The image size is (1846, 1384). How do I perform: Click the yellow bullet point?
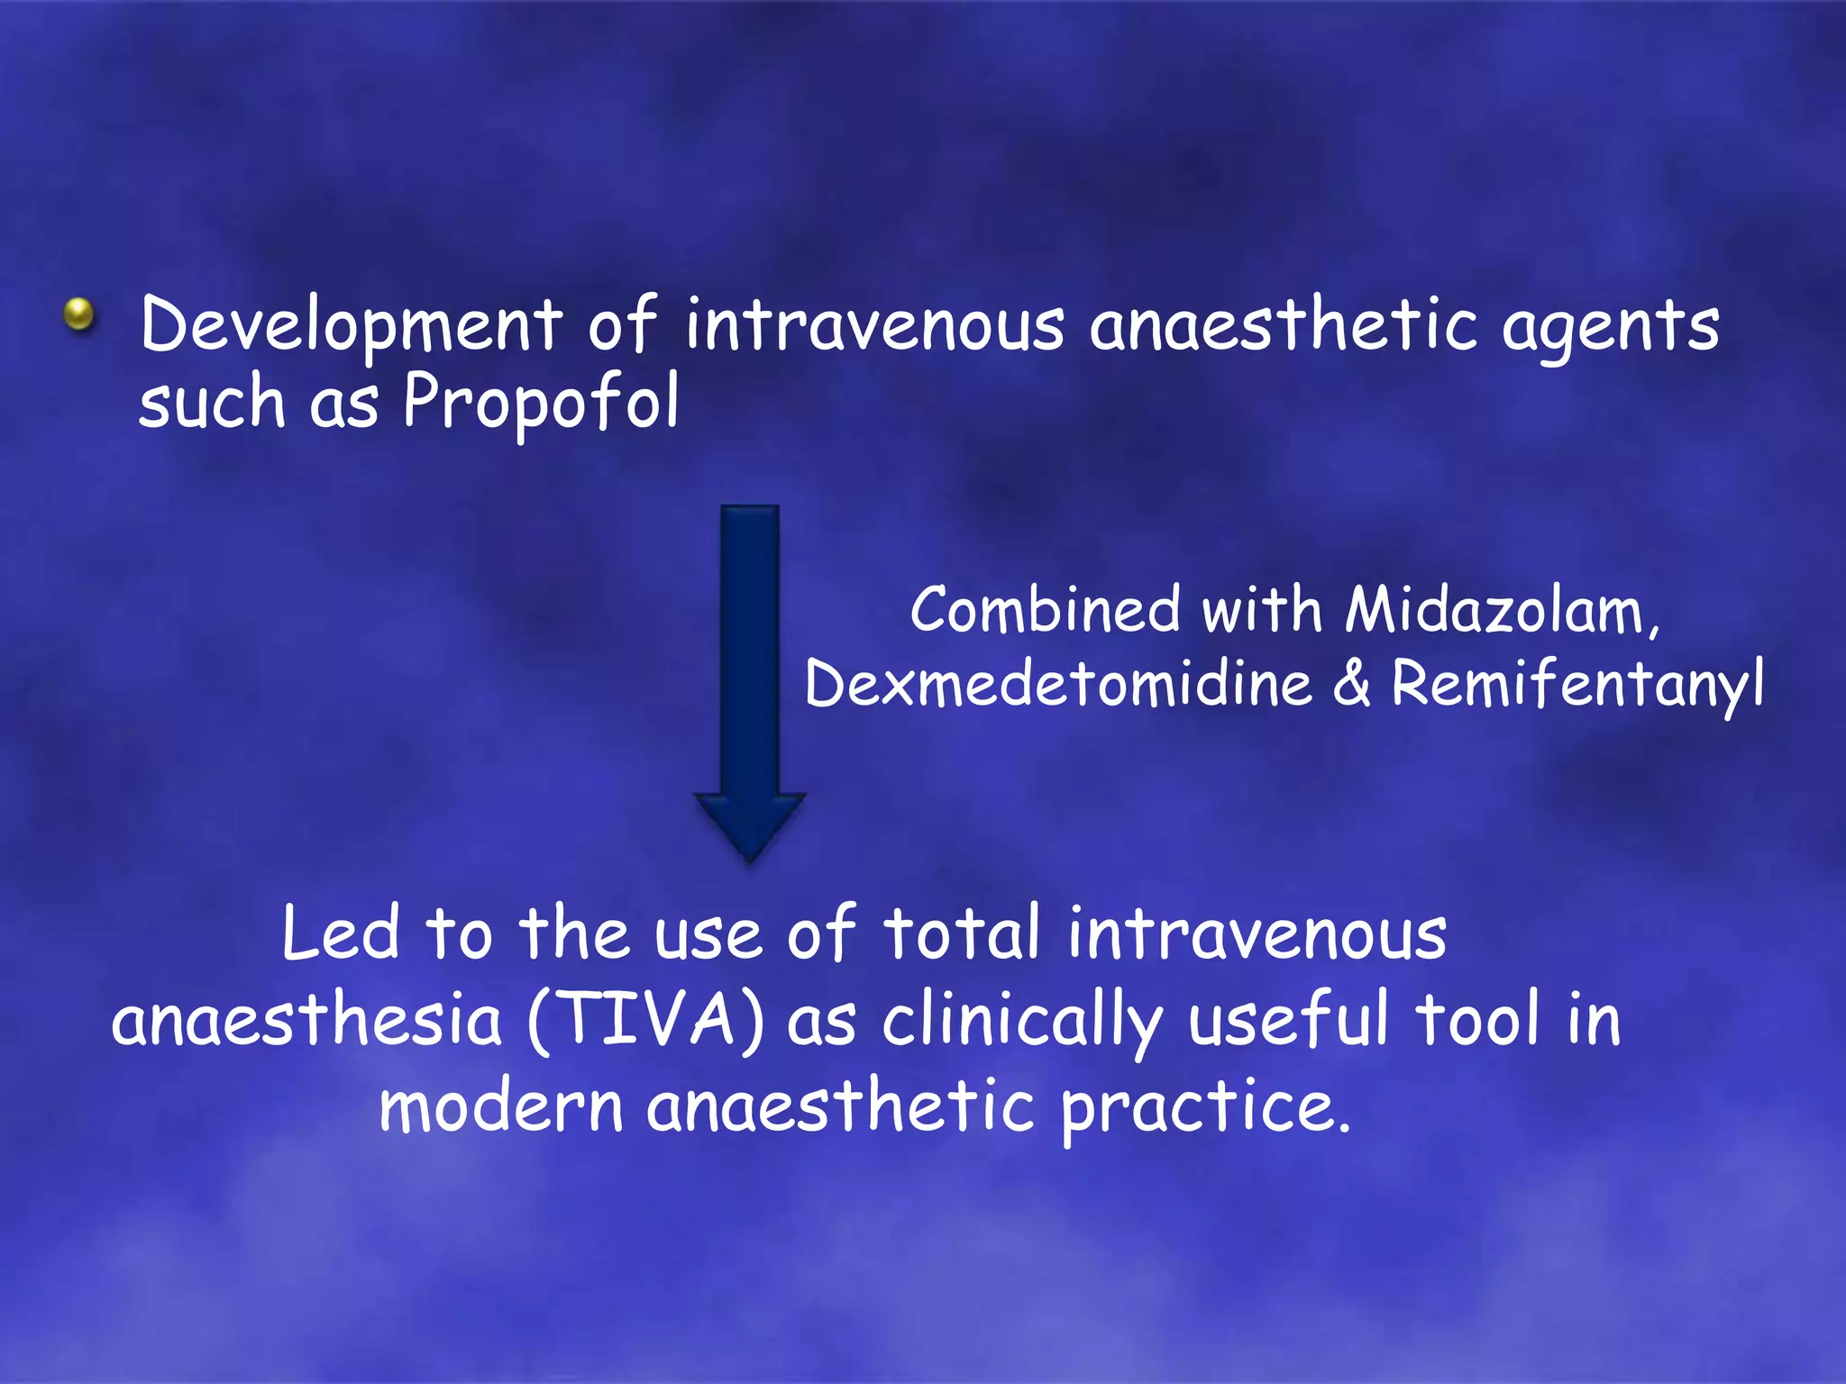pos(79,314)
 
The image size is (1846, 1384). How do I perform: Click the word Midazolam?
pos(1501,611)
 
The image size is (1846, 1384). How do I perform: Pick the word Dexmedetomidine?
pos(1058,684)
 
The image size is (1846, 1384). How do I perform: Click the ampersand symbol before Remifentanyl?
pos(1351,683)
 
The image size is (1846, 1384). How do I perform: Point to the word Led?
pos(340,933)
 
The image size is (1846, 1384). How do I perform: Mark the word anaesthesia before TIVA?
pos(306,1022)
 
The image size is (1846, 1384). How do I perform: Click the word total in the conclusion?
pos(962,933)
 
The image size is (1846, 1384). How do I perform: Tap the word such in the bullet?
pos(212,403)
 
